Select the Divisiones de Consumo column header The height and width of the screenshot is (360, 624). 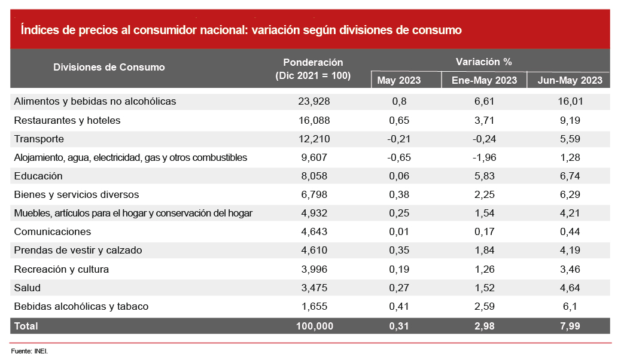pos(109,67)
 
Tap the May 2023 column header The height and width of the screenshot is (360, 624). pos(399,80)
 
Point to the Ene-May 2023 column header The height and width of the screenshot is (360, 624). pos(483,80)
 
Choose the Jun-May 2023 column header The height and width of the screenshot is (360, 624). pos(570,80)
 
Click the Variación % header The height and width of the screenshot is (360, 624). pos(483,62)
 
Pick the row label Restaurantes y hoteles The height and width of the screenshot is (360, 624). pos(67,120)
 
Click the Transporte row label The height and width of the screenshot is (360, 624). pos(38,139)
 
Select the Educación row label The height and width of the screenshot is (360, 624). pos(38,176)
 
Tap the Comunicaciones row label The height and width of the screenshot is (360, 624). pos(53,231)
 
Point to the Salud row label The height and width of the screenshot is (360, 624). pos(28,288)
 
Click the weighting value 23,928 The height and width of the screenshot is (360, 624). pos(313,102)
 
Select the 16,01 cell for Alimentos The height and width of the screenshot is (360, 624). pos(570,102)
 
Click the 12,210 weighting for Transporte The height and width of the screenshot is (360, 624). pos(313,139)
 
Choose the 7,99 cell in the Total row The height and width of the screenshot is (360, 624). pos(570,326)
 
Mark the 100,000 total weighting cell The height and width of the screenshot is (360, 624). pos(313,326)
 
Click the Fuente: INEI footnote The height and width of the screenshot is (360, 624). pos(29,351)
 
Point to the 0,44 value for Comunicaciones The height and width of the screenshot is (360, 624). pos(570,231)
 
